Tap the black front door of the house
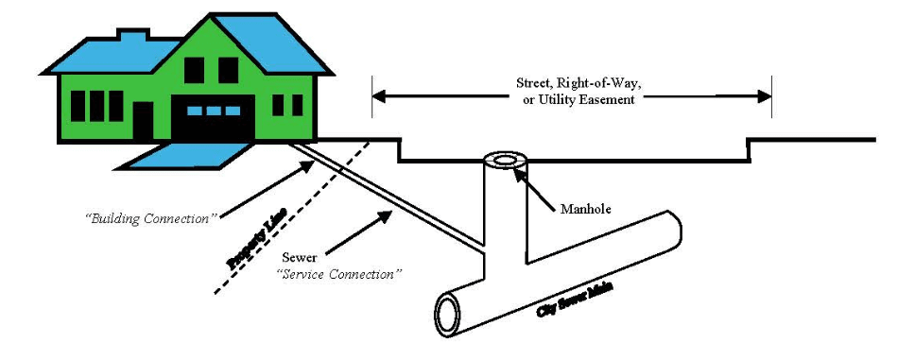point(143,120)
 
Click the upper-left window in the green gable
point(194,70)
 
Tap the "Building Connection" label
point(150,218)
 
